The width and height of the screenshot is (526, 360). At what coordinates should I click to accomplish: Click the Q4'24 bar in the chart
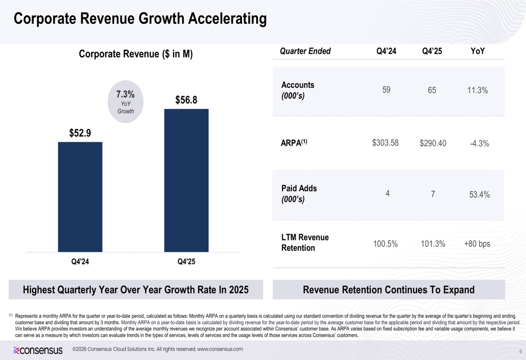(x=80, y=197)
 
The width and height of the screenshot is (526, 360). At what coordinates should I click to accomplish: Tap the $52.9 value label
(x=80, y=133)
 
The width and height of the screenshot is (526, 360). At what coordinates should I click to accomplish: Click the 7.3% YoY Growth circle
(x=125, y=101)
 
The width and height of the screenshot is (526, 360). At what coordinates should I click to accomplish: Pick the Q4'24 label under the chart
(x=80, y=262)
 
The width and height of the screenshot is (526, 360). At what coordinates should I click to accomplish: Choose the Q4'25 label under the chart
(x=186, y=262)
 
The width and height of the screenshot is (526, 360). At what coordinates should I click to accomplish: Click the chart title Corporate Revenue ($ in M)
(x=136, y=54)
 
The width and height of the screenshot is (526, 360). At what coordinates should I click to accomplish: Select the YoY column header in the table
(x=478, y=51)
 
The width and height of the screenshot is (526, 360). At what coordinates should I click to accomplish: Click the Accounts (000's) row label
(x=298, y=90)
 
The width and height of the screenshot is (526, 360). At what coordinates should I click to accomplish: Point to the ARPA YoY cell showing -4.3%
(x=479, y=143)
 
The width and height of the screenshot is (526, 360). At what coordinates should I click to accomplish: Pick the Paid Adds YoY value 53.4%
(x=479, y=194)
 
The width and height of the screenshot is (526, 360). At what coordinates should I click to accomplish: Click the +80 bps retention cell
(x=477, y=244)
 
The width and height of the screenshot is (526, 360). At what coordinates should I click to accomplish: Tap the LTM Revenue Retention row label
(x=305, y=242)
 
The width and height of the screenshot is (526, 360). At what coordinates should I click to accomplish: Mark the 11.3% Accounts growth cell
(x=478, y=90)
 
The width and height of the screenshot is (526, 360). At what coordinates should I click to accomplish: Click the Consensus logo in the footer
(x=38, y=349)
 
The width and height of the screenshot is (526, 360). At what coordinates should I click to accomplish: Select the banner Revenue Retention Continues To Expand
(x=389, y=290)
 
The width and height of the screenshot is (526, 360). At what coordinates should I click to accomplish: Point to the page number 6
(x=520, y=351)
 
